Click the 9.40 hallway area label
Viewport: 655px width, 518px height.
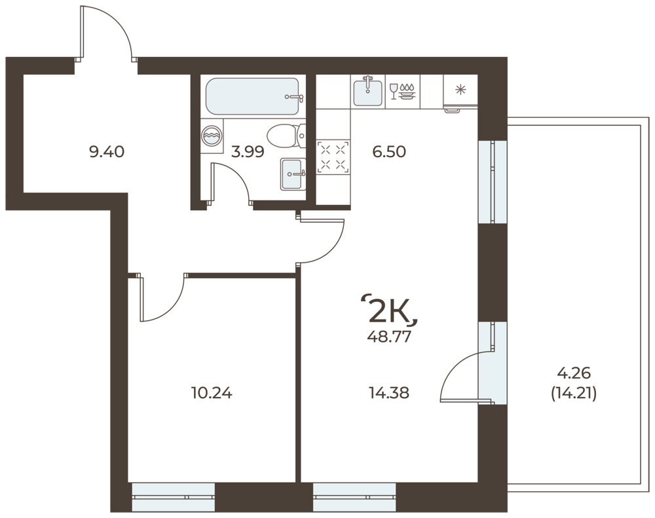[x=107, y=152]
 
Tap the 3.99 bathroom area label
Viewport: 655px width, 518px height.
[x=248, y=152]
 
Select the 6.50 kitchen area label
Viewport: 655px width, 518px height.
[x=389, y=152]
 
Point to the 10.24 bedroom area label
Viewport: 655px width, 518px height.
[x=212, y=393]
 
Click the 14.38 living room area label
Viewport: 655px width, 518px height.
[x=389, y=393]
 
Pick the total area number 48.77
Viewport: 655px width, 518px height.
[x=389, y=337]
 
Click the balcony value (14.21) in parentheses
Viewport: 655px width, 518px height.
[x=574, y=393]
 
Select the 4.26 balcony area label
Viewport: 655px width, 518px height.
[x=574, y=373]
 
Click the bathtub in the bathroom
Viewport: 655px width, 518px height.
[x=252, y=96]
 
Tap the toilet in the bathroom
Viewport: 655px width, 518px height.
[x=286, y=136]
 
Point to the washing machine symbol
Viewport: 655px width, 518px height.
[x=212, y=136]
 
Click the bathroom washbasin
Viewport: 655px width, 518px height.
[x=293, y=174]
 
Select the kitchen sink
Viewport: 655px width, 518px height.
[x=367, y=92]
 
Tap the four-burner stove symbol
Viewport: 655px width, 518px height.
[x=333, y=157]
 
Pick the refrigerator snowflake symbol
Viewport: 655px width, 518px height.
[x=460, y=90]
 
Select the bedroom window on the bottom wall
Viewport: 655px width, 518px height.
[x=174, y=497]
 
